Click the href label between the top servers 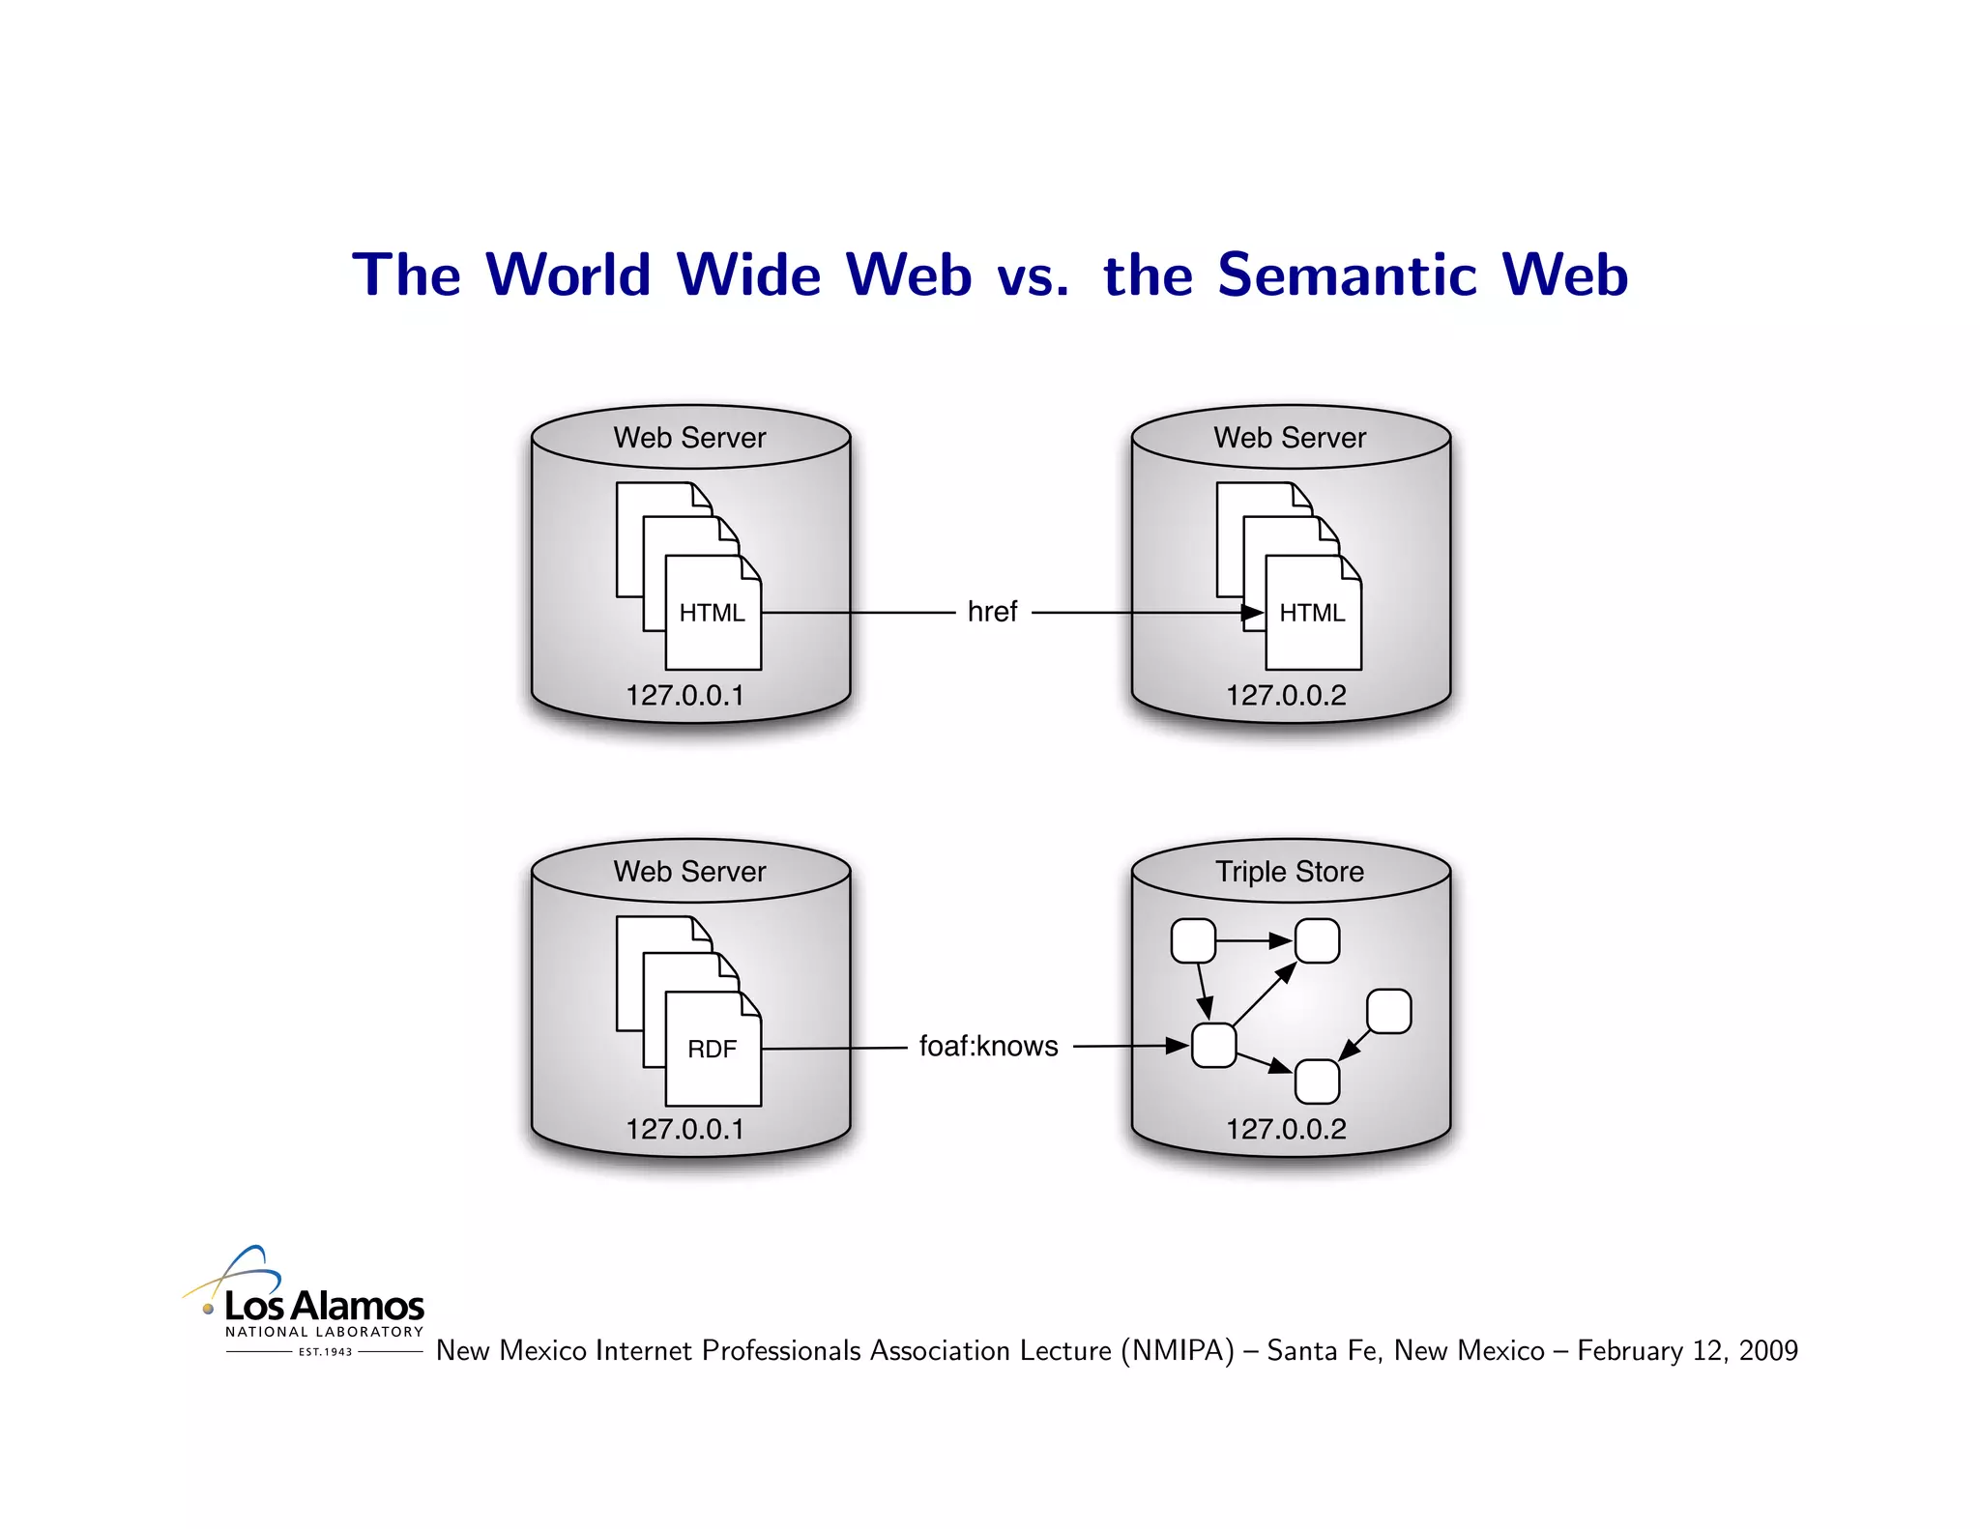click(992, 612)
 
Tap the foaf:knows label click(988, 1046)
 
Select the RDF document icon click(713, 1049)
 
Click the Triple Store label click(1290, 872)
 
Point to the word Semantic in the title click(1348, 274)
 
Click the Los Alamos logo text click(324, 1307)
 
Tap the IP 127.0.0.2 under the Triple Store click(1286, 1129)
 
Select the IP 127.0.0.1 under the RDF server click(684, 1129)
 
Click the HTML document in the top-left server click(713, 613)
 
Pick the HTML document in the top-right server click(1313, 613)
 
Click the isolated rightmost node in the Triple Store click(1388, 1011)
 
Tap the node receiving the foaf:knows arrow click(1213, 1045)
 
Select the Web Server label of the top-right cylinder click(1290, 438)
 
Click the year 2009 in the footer click(1767, 1350)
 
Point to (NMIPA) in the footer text click(1178, 1350)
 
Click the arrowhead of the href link click(1253, 612)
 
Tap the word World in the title click(568, 274)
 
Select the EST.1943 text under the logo click(326, 1352)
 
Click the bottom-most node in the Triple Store click(1317, 1082)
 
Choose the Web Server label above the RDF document click(689, 872)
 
